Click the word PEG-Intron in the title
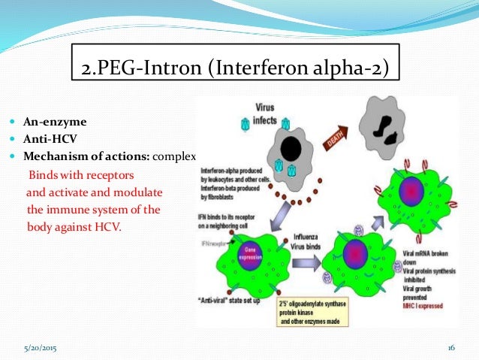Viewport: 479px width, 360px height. point(148,71)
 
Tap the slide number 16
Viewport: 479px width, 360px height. point(451,347)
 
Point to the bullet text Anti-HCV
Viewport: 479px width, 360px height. point(52,138)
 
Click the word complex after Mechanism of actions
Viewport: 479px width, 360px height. point(173,157)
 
